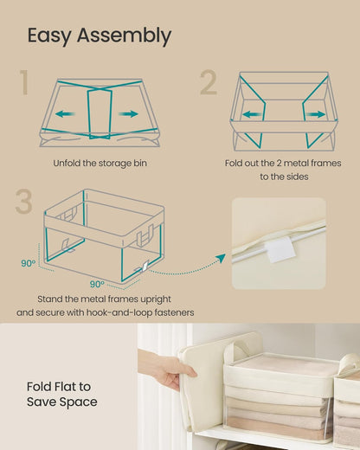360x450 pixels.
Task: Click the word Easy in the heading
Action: (54, 35)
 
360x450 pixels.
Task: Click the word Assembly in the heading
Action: (128, 36)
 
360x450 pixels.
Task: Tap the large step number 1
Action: (24, 84)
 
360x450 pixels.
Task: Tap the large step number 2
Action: (209, 84)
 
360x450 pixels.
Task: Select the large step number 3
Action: (24, 201)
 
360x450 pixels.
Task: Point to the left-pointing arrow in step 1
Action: (62, 113)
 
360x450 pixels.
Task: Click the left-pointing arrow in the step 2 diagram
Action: (253, 113)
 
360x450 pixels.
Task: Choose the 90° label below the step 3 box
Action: (97, 283)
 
